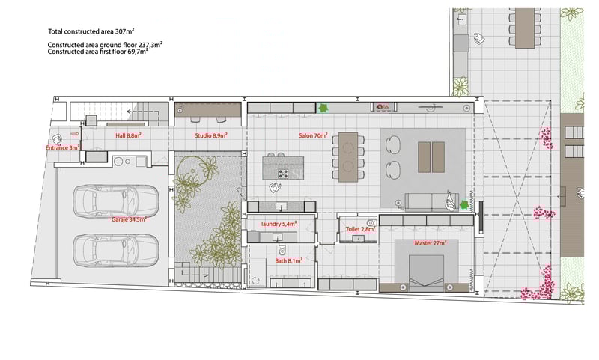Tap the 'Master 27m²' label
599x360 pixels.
430,242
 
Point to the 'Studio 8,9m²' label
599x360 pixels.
210,136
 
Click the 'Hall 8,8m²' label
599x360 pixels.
128,136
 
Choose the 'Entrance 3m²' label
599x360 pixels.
64,148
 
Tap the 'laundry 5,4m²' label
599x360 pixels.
279,223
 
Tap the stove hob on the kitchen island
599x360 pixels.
284,174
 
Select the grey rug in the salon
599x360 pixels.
423,167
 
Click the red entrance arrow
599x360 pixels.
74,134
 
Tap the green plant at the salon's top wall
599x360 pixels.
324,108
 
